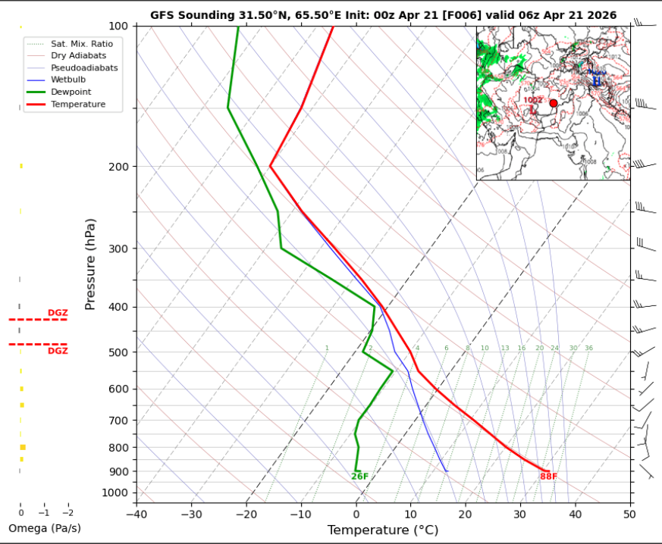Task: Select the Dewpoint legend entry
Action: (71, 92)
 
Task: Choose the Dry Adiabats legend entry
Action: (78, 55)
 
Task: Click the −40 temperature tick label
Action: (136, 514)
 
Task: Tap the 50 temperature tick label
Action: (629, 514)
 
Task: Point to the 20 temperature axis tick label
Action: (465, 514)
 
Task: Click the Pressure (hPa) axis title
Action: (91, 264)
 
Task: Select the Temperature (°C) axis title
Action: (383, 530)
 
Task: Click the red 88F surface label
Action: (548, 477)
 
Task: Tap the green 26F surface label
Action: (359, 477)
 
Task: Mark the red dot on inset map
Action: (553, 103)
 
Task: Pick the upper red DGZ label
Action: (58, 313)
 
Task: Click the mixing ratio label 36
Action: (588, 349)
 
